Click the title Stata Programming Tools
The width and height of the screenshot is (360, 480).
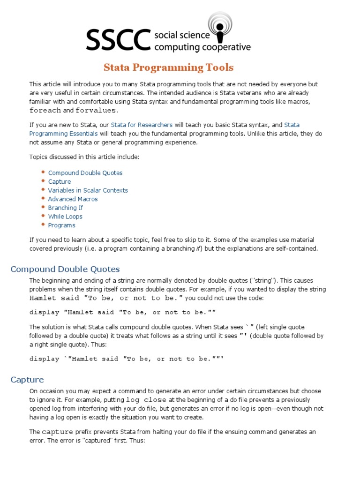(x=168, y=67)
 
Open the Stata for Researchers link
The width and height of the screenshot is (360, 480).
(x=142, y=125)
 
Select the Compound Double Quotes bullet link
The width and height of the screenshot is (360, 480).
(x=85, y=173)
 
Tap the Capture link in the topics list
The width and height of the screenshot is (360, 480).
(x=60, y=182)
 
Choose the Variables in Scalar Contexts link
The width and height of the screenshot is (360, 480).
(x=88, y=190)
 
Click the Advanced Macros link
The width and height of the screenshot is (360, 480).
(x=73, y=199)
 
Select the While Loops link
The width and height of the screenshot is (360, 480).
(x=65, y=217)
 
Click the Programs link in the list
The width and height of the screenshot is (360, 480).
(x=61, y=225)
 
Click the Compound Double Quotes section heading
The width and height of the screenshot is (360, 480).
(x=65, y=269)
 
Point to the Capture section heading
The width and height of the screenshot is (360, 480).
(x=27, y=380)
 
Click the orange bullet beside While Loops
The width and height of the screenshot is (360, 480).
(x=43, y=216)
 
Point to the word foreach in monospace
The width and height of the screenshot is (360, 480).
(x=45, y=111)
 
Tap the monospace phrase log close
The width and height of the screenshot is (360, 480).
(x=146, y=400)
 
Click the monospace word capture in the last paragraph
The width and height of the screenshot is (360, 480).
(x=57, y=432)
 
